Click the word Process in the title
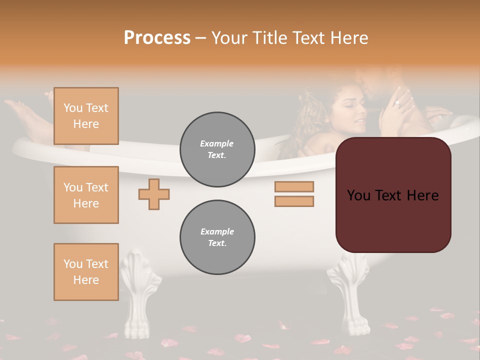(157, 38)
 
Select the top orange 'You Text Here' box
(86, 116)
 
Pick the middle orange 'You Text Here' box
(86, 195)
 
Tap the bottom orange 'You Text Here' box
(86, 272)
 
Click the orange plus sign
(154, 194)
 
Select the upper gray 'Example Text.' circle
(217, 149)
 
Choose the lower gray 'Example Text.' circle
(217, 237)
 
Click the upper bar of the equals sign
(294, 187)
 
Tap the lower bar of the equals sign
(294, 201)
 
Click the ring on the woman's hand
(397, 103)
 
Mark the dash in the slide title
(200, 38)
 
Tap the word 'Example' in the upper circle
(217, 143)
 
